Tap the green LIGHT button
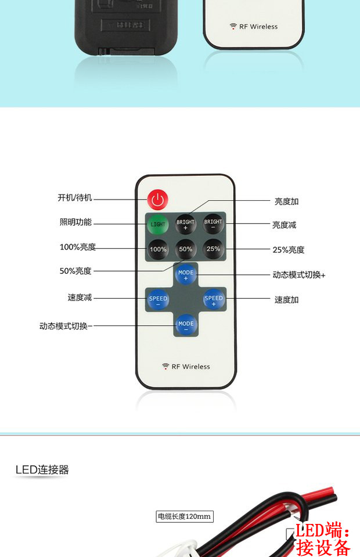157,224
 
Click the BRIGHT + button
186,224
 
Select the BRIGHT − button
213,224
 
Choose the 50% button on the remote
186,249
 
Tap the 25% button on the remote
213,249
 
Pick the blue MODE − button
186,325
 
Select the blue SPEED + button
213,300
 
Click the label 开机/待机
75,198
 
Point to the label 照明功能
75,222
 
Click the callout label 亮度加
286,201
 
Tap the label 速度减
80,298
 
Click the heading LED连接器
42,470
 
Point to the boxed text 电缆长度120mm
185,516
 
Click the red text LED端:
323,531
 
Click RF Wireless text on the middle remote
186,367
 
